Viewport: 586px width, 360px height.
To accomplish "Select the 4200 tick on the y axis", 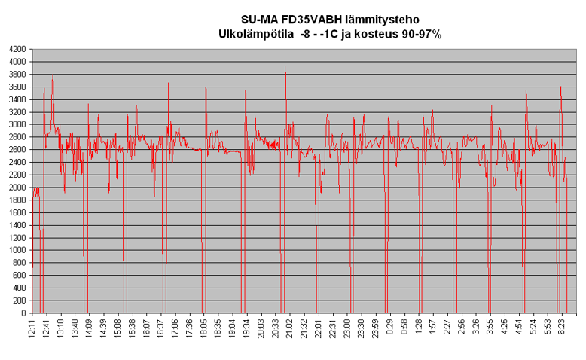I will point(17,50).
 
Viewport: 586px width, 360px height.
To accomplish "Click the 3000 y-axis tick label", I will point(17,124).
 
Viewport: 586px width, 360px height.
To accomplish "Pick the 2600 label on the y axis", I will point(17,150).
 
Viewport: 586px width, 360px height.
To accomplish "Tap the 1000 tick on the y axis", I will point(17,250).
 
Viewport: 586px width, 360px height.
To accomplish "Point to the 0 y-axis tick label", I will point(23,313).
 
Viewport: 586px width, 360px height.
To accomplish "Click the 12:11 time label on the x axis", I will point(32,328).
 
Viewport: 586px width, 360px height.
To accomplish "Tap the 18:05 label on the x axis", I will point(204,328).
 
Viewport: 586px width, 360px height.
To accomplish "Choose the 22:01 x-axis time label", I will point(319,328).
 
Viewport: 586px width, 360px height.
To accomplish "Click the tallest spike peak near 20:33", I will point(285,67).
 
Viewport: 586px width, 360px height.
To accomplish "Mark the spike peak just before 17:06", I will point(168,84).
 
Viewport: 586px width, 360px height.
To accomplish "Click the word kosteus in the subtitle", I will point(362,34).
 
